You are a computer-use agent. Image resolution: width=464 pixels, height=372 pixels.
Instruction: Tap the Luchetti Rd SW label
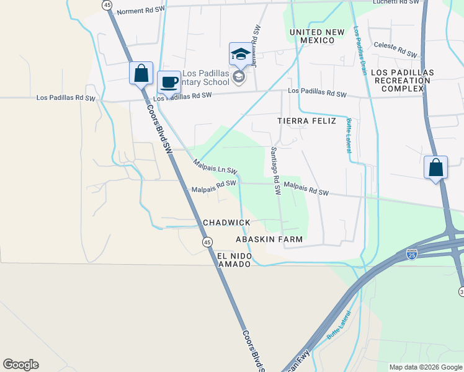[x=396, y=2]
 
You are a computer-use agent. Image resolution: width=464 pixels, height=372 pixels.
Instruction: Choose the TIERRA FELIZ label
[x=306, y=121]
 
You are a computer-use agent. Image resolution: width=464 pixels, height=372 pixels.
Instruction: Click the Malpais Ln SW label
[x=215, y=167]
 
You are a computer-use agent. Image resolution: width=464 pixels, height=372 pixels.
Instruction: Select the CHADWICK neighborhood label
[x=226, y=223]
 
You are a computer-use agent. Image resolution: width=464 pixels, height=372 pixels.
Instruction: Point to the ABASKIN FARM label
[x=269, y=239]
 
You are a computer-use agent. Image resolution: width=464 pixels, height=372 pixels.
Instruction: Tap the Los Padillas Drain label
[x=359, y=50]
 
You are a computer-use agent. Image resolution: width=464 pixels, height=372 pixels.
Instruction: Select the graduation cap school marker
[x=240, y=54]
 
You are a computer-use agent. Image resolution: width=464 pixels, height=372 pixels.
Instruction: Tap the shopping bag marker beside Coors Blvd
[x=141, y=73]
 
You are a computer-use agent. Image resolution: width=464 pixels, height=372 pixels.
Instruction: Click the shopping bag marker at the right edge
[x=435, y=168]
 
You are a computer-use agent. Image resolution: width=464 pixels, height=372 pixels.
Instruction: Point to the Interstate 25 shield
[x=411, y=254]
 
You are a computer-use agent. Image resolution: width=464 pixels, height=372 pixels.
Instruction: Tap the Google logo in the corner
[x=20, y=365]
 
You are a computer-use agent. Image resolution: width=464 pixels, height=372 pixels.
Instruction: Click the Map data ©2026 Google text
[x=425, y=367]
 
